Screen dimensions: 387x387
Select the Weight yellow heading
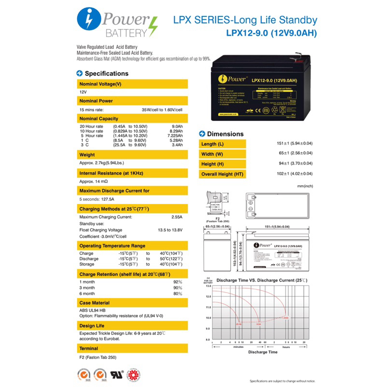coord(87,155)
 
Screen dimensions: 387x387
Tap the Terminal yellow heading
coord(89,348)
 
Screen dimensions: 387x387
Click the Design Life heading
coord(92,326)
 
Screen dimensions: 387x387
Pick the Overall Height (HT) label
coord(223,174)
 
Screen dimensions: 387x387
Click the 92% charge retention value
coord(178,282)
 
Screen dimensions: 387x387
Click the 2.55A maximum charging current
coord(177,217)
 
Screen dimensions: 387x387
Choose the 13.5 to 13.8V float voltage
coord(170,230)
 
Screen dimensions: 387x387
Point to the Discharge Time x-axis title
coord(263,352)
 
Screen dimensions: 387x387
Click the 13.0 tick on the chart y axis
coord(208,286)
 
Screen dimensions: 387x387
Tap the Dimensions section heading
coord(225,134)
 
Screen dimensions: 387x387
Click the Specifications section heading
coord(106,74)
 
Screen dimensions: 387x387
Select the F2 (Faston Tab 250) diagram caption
coord(214,221)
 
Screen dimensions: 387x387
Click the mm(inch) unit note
coord(306,186)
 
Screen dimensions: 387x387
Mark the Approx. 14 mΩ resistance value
coord(93,181)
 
